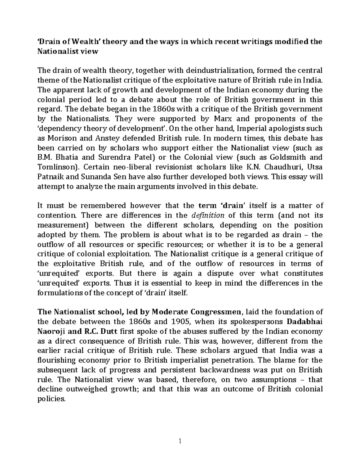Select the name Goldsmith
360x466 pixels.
pyautogui.click(x=287, y=158)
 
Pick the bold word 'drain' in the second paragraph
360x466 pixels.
pyautogui.click(x=233, y=206)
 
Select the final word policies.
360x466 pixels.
pyautogui.click(x=51, y=399)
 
